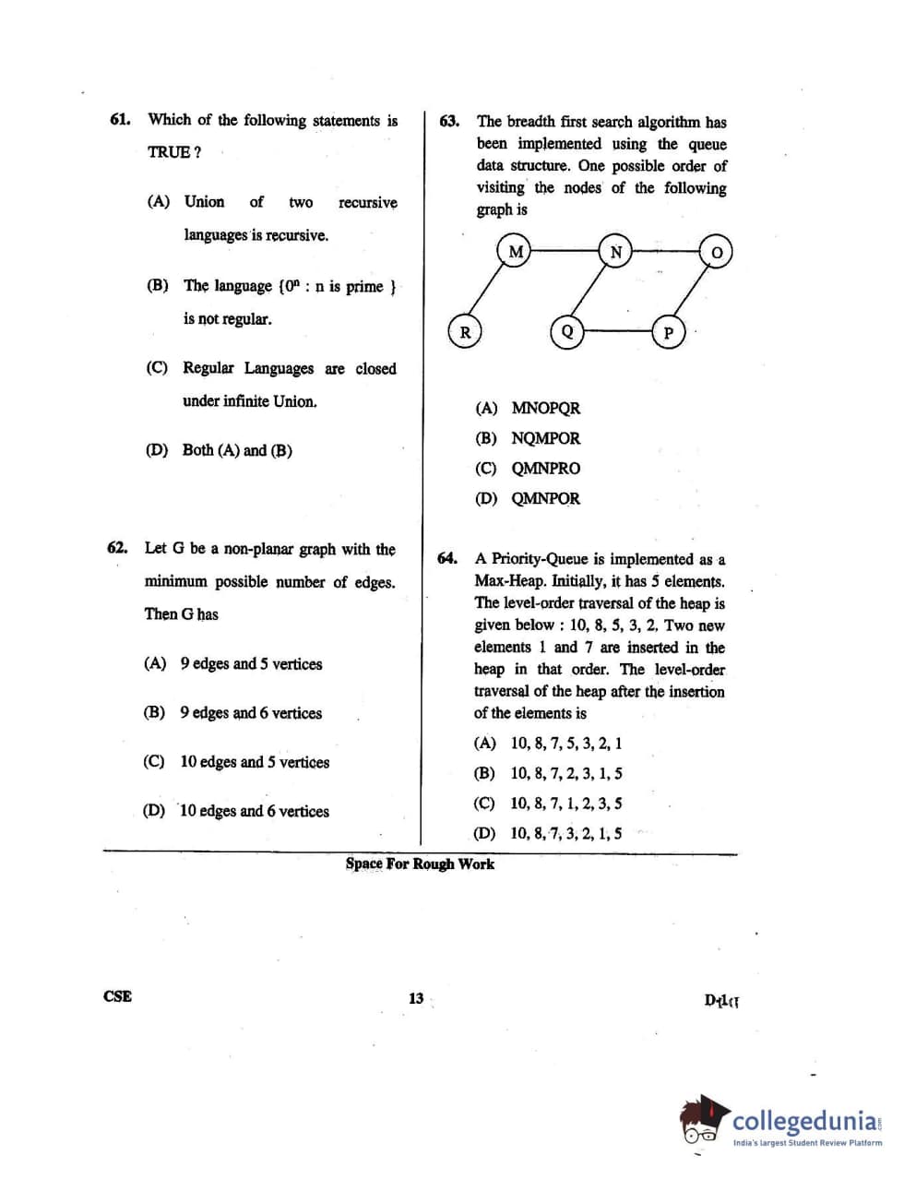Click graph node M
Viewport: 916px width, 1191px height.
[516, 251]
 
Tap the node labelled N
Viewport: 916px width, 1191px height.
[615, 252]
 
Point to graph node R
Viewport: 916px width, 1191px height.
[465, 332]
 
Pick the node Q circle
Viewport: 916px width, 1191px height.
[567, 332]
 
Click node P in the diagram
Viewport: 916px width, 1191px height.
[669, 333]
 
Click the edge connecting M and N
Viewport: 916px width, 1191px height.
[565, 251]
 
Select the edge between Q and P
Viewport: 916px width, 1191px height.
[618, 329]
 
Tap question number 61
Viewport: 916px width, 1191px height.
[119, 119]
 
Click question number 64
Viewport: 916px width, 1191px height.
[447, 558]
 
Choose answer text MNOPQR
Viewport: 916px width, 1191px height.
[545, 408]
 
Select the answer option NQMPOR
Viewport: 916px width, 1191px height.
[545, 438]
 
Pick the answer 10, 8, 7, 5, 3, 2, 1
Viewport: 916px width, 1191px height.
[565, 743]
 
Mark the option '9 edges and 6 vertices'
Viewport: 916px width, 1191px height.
[251, 712]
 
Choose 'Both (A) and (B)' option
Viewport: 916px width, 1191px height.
[237, 450]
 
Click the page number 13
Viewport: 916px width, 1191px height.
[416, 997]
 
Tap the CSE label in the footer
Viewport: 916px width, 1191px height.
[117, 996]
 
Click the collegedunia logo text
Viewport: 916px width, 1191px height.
[805, 1121]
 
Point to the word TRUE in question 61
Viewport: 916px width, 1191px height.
[168, 152]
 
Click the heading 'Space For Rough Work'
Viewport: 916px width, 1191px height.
[420, 863]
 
